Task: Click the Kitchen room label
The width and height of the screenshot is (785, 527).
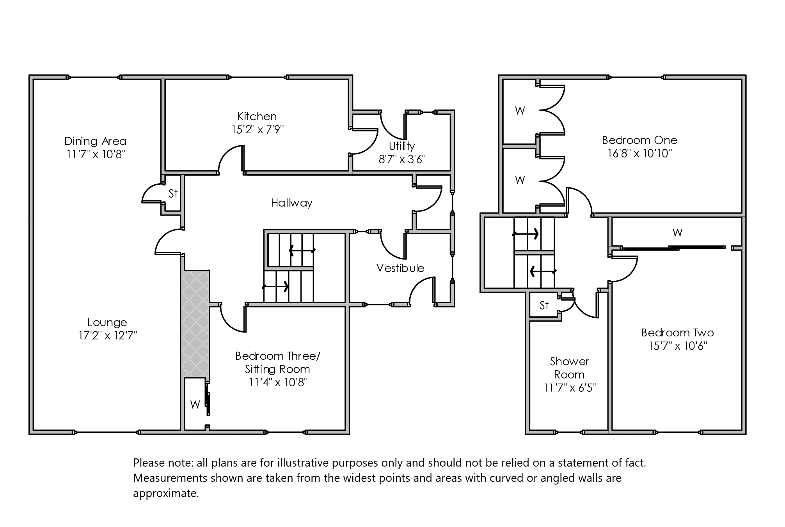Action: [257, 116]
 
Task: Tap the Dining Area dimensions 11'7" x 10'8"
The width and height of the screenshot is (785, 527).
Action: [95, 154]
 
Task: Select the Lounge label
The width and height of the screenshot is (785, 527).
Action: [107, 322]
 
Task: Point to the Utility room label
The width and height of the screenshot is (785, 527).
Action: [401, 146]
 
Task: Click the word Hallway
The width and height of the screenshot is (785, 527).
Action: [291, 203]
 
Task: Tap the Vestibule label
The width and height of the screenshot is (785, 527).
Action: [400, 268]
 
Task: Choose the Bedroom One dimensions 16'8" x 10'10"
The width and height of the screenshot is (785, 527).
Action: [639, 153]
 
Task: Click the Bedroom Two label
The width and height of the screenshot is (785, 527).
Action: [677, 332]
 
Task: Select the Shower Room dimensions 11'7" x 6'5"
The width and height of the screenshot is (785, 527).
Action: [570, 388]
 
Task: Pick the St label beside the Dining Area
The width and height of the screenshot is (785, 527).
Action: [173, 193]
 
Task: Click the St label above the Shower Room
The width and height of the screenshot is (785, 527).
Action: [544, 305]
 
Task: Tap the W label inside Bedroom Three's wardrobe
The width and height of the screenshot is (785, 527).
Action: [195, 405]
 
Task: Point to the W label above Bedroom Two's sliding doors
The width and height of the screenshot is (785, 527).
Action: [677, 233]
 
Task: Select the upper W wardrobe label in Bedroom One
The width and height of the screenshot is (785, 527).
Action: [520, 111]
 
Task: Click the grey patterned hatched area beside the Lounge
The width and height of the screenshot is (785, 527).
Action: [195, 324]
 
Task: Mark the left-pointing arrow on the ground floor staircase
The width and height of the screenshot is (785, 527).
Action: [302, 250]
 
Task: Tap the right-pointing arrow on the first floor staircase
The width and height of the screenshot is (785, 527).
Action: [526, 234]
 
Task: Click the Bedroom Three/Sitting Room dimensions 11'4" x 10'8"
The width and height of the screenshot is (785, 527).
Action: [278, 382]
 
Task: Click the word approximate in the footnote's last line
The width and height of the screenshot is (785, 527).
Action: [166, 493]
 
